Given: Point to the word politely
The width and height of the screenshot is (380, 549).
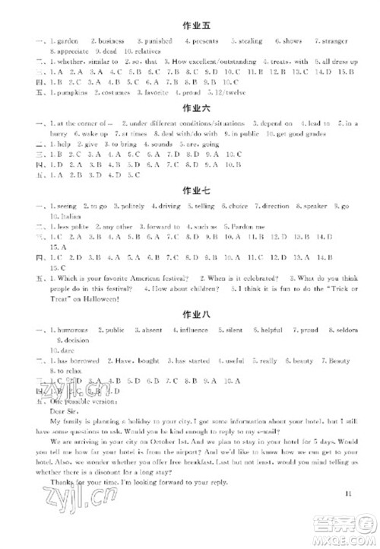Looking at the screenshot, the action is [134, 206].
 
